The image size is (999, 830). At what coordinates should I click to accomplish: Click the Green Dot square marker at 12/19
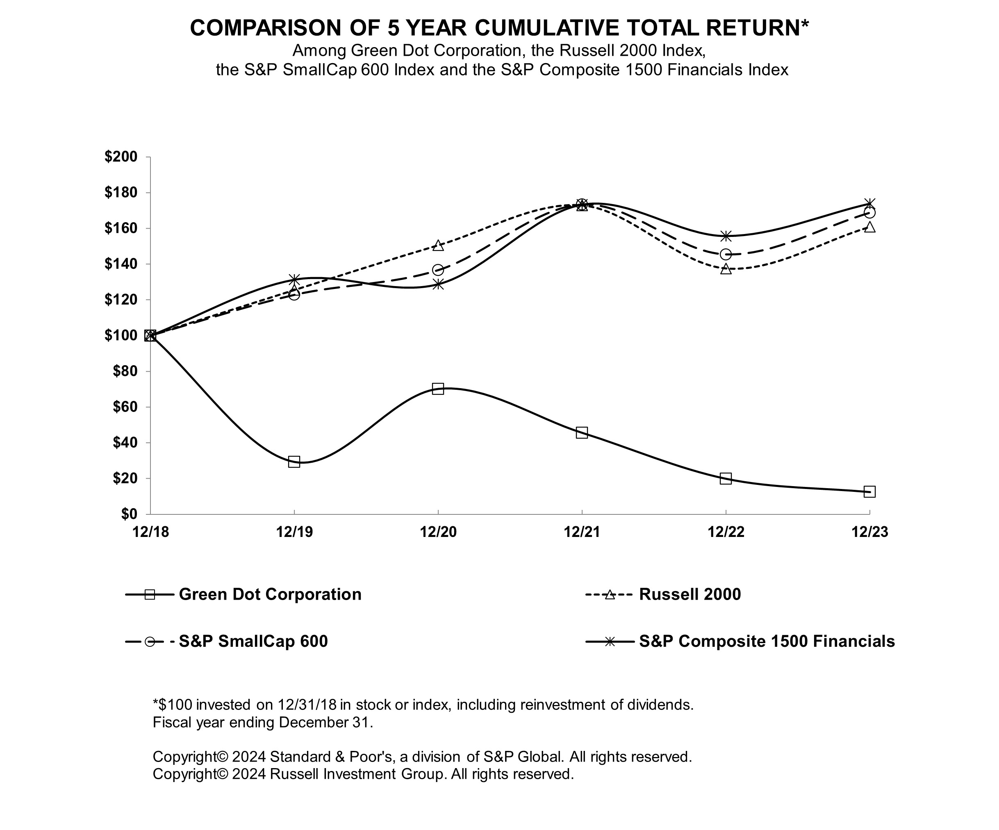coord(294,462)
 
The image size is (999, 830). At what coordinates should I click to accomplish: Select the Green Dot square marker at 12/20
coord(438,389)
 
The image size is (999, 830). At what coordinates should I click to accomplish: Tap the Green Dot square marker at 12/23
coord(869,492)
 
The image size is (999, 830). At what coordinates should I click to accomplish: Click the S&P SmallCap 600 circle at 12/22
coord(726,255)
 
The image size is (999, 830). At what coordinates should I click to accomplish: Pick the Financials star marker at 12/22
coord(726,236)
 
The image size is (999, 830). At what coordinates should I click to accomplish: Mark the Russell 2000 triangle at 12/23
coord(869,227)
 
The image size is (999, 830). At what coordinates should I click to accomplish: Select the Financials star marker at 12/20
coord(438,284)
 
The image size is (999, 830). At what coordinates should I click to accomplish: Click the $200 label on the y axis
coord(121,157)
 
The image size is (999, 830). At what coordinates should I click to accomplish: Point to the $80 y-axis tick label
coord(125,371)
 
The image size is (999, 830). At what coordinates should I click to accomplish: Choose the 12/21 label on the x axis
coord(581,532)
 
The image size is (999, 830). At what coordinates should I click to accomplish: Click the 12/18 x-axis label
coord(150,532)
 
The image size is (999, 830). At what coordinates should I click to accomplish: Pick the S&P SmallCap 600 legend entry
coord(253,641)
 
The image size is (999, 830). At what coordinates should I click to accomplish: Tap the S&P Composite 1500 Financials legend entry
coord(767,641)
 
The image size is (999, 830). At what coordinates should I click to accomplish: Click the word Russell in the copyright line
coord(294,774)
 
